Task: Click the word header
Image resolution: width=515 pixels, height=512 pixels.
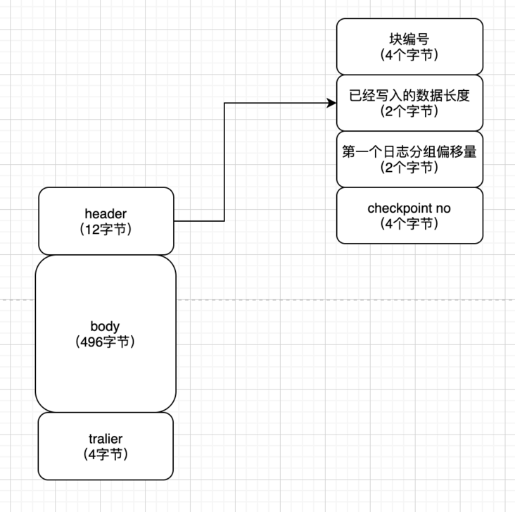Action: tap(106, 214)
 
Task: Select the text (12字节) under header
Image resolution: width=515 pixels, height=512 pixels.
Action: tap(106, 229)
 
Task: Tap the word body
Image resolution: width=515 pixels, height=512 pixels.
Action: tap(105, 327)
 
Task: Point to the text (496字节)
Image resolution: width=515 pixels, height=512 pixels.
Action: tap(105, 342)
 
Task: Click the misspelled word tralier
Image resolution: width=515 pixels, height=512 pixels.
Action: tap(106, 439)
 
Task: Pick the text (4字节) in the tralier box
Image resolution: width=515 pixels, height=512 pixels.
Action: tap(106, 454)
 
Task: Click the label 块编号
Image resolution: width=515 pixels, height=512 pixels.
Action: tap(409, 39)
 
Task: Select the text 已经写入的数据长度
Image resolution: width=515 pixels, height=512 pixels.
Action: tap(409, 95)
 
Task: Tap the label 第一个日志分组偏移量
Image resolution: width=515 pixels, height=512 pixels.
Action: tap(409, 151)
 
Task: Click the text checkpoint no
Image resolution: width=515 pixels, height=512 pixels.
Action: tap(409, 208)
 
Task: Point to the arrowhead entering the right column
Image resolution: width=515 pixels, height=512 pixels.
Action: tap(332, 103)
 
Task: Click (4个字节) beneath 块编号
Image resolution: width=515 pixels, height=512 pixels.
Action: tap(409, 55)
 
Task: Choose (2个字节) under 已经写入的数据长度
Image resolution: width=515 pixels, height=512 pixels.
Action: tap(409, 111)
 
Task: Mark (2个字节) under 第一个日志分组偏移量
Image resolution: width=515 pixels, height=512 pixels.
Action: tap(409, 168)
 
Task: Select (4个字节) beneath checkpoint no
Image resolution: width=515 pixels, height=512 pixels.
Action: tap(409, 224)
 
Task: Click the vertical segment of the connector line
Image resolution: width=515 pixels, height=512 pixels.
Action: tap(224, 162)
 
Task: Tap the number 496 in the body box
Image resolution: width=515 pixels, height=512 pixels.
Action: tap(91, 342)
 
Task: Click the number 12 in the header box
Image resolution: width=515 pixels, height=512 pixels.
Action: tap(92, 229)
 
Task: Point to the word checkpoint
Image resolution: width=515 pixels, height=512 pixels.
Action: tap(400, 208)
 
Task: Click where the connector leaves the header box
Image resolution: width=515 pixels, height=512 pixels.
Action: tap(174, 221)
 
